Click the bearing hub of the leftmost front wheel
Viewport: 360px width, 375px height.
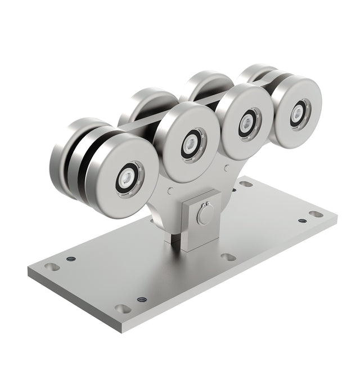click(129, 179)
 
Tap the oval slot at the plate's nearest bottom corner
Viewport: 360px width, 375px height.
click(122, 309)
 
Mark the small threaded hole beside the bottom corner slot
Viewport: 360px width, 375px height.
click(141, 299)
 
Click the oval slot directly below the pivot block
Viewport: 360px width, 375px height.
click(228, 257)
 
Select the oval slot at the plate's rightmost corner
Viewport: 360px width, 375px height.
click(317, 214)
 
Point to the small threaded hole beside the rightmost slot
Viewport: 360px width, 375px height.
click(302, 221)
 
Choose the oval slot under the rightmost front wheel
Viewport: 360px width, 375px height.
click(246, 184)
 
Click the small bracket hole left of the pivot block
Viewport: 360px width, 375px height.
click(170, 191)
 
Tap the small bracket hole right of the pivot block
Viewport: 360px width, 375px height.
click(226, 167)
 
